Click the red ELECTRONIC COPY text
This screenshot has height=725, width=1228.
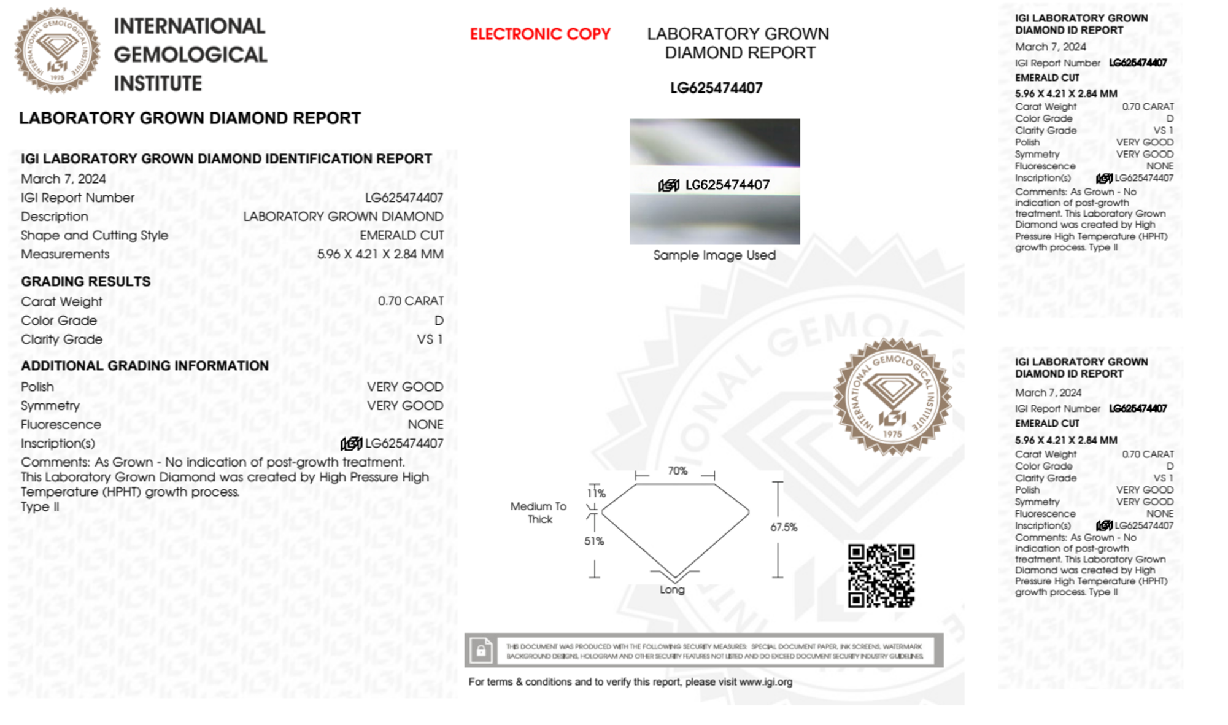[x=540, y=34]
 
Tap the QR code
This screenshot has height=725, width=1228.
[x=881, y=576]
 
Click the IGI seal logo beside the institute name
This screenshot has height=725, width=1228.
[x=57, y=51]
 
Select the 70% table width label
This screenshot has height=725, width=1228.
[x=678, y=471]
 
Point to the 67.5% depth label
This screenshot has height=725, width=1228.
[x=784, y=527]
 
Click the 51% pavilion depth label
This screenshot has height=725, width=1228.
[x=593, y=541]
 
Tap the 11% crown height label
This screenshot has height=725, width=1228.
[x=597, y=493]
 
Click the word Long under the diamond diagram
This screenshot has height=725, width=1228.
[x=672, y=589]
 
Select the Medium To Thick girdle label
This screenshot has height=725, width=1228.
[x=539, y=513]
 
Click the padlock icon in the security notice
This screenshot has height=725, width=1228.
[x=481, y=650]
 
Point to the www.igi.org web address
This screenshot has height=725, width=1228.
[x=765, y=682]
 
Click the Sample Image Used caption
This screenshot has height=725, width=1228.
[x=714, y=255]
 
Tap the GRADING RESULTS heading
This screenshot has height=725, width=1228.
[x=86, y=282]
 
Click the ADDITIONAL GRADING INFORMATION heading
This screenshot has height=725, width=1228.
[x=145, y=366]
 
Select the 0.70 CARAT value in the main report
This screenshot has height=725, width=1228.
[x=411, y=301]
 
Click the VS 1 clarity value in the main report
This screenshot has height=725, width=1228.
[x=430, y=339]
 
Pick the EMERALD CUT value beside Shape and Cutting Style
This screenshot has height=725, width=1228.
[x=401, y=236]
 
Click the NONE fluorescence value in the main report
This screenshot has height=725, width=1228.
[x=425, y=425]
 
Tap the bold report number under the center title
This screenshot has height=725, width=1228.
[x=716, y=88]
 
